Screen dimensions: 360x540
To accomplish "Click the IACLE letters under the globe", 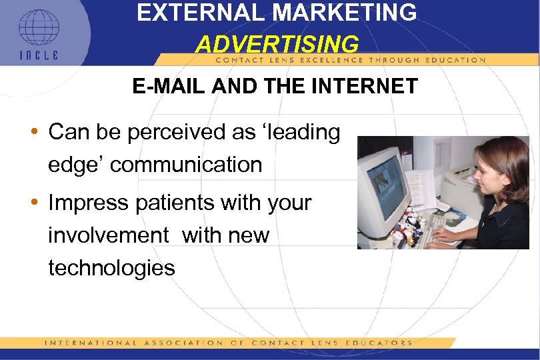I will [x=38, y=55].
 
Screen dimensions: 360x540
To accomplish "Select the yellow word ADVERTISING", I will [x=277, y=44].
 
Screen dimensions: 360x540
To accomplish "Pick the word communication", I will [x=186, y=165].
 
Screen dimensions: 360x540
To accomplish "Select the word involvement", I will [x=108, y=235].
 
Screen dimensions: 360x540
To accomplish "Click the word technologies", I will [x=111, y=268].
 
